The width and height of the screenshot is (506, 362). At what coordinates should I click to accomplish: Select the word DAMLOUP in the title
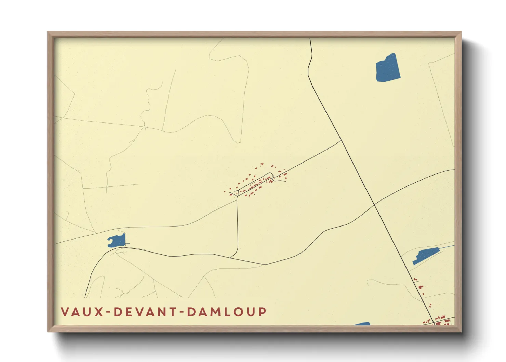227,312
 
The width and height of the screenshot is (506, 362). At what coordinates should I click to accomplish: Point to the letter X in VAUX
99,312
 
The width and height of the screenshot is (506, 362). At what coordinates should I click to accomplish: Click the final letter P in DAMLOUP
262,312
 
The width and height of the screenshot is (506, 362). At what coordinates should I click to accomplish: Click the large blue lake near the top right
388,68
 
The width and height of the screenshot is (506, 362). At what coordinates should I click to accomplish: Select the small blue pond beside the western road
117,241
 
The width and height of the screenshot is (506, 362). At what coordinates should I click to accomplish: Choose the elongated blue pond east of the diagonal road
425,255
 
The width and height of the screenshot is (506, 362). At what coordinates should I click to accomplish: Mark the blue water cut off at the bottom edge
363,323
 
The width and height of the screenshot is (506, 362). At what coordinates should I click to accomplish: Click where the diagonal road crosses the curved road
374,205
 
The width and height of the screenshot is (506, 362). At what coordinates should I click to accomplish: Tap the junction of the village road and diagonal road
342,140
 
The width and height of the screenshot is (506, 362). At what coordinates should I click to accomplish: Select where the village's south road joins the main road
231,257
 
